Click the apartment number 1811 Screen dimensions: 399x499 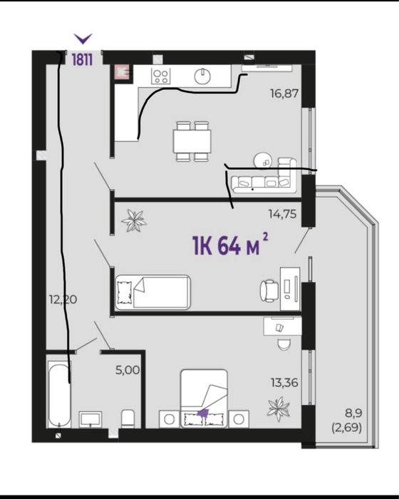pos(82,59)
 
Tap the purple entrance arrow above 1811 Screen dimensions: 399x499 pos(83,39)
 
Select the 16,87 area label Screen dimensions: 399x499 pos(284,94)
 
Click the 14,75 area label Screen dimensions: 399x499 pos(282,214)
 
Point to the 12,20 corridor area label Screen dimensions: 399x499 pos(63,299)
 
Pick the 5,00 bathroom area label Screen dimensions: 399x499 pos(128,370)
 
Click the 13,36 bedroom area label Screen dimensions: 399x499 pos(284,383)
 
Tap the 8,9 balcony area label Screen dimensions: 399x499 pos(353,414)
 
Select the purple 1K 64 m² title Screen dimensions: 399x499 pos(230,245)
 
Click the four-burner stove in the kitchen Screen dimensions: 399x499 pos(161,76)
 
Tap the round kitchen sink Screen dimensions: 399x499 pos(202,76)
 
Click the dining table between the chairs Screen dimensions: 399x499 pos(192,141)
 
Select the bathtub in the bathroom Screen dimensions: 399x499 pos(59,395)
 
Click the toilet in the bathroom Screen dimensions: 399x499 pos(128,418)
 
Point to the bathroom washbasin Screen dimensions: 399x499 pos(90,419)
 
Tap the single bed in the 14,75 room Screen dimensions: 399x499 pos(152,293)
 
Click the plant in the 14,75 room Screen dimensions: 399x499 pos(134,221)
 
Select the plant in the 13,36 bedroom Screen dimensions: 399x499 pos(279,408)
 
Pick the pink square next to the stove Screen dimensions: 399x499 pos(122,71)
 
